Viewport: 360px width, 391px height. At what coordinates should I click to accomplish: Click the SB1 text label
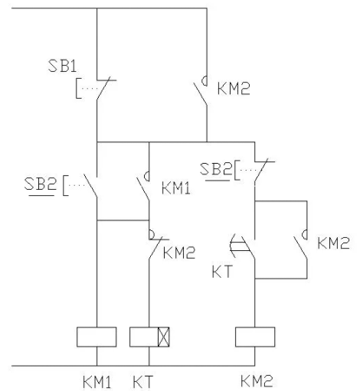(x=62, y=66)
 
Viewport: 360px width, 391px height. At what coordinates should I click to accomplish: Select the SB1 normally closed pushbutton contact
(x=97, y=88)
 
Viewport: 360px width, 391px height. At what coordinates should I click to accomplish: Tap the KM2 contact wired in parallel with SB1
(x=201, y=90)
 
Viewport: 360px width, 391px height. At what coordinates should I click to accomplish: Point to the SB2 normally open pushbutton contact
(x=80, y=185)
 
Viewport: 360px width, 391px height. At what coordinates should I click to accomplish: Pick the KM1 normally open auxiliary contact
(x=143, y=186)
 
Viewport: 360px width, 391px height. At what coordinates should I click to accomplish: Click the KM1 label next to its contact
(x=176, y=189)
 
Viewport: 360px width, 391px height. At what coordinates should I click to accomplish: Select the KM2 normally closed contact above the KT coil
(x=159, y=244)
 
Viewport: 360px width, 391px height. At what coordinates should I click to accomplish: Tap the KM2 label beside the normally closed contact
(x=179, y=253)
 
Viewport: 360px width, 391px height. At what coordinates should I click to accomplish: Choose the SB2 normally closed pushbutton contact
(x=255, y=171)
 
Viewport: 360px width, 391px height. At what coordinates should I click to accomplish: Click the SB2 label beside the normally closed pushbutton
(x=216, y=169)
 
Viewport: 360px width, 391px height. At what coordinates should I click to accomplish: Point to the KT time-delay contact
(x=243, y=246)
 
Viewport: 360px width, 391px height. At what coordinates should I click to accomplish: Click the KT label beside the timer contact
(x=222, y=272)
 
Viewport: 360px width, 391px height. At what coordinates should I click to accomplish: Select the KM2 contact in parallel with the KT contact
(x=300, y=244)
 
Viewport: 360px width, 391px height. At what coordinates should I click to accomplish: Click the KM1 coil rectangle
(x=97, y=337)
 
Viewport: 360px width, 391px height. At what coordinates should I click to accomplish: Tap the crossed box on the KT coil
(x=163, y=337)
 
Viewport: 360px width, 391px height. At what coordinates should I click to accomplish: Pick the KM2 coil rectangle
(x=255, y=337)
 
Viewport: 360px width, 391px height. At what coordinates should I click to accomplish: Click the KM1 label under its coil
(x=97, y=383)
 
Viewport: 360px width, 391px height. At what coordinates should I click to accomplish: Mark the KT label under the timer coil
(x=142, y=383)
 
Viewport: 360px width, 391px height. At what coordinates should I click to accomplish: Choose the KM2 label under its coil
(x=257, y=381)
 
